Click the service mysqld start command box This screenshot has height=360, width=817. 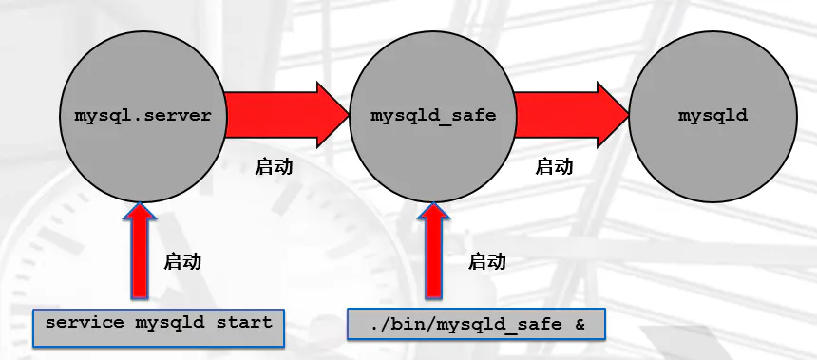(159, 323)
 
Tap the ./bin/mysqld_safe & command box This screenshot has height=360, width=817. (475, 324)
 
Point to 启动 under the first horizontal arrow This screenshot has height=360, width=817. (275, 166)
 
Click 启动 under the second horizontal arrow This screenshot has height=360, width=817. (555, 166)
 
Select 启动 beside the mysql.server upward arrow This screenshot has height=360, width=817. (183, 261)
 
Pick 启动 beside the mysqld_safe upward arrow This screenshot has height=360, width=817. (487, 261)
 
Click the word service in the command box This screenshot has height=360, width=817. (84, 322)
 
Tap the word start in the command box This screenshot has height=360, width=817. (244, 322)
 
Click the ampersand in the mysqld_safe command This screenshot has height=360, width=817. (580, 324)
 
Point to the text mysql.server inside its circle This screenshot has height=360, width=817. (142, 116)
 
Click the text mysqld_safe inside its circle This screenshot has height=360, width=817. (433, 116)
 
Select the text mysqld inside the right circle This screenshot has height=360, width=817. (712, 116)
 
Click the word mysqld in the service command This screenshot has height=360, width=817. (169, 322)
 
